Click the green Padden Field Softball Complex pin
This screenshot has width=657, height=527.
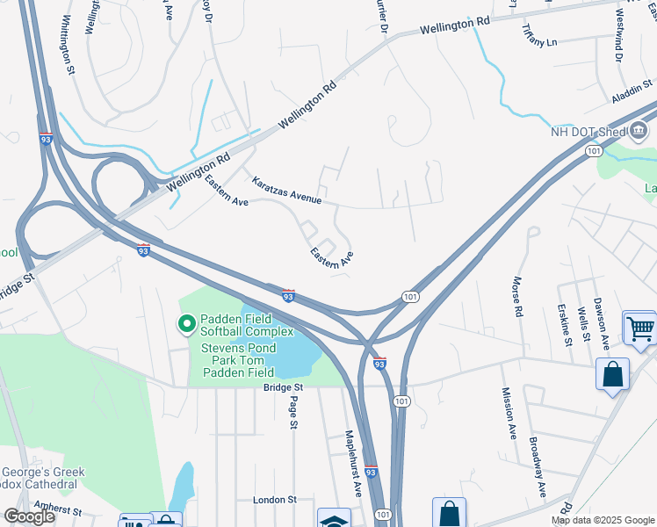coord(186,325)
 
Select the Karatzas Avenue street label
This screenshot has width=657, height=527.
coord(286,191)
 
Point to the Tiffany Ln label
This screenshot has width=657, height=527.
coord(539,41)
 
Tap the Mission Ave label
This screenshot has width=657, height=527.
coord(508,413)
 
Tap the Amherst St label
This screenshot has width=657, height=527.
coord(57,509)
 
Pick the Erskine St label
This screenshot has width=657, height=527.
coord(564,324)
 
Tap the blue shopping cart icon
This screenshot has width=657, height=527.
coord(640,328)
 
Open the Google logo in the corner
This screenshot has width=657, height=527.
coord(30,516)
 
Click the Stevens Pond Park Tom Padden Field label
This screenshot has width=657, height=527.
coord(240,359)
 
